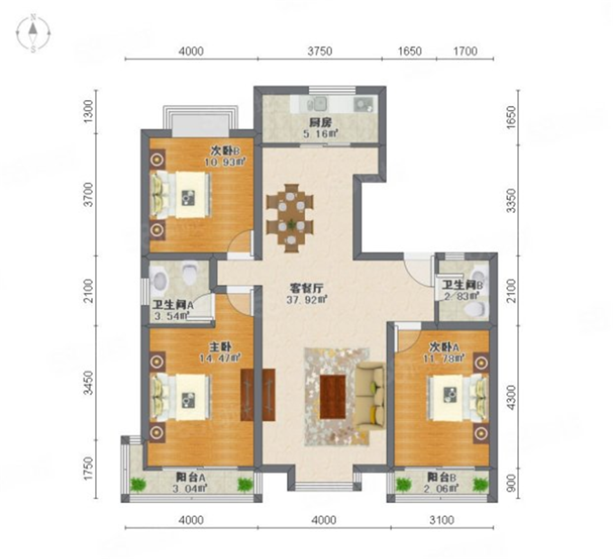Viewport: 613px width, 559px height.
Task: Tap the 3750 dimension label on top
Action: tap(320, 51)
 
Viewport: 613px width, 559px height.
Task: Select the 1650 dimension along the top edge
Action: tap(409, 51)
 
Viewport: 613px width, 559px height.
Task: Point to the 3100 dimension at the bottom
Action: tap(442, 520)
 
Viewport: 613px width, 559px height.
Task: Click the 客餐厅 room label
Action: tap(306, 288)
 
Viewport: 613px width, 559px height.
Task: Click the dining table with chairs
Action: tap(290, 218)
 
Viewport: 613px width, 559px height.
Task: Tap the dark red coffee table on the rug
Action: tap(333, 397)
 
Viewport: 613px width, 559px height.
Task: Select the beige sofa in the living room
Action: tap(370, 397)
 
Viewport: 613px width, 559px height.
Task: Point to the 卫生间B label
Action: tap(462, 285)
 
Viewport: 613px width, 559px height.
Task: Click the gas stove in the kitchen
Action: tap(364, 104)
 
